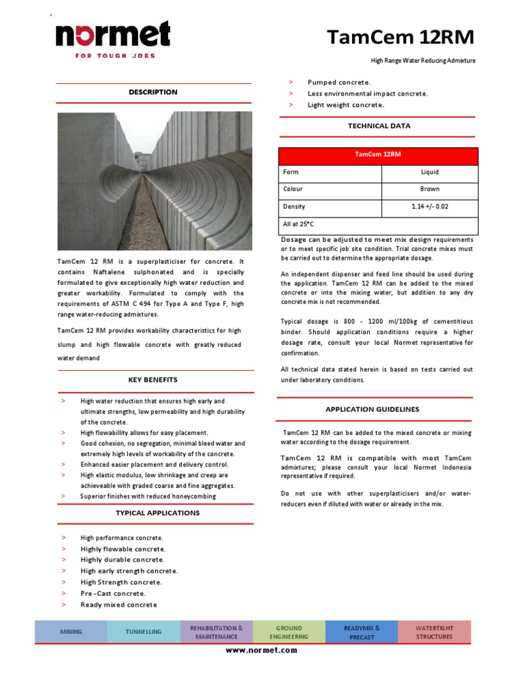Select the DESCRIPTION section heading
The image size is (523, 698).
point(153,92)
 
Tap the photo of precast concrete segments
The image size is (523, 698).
point(155,180)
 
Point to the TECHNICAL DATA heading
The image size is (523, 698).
point(379,126)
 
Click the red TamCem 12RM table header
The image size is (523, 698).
point(378,155)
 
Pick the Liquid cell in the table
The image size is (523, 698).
point(430,172)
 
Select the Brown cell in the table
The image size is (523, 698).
point(430,189)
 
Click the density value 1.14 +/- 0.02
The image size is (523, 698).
point(430,207)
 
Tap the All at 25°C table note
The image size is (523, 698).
point(298,224)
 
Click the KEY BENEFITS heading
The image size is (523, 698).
point(153,380)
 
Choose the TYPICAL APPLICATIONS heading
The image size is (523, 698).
point(157,513)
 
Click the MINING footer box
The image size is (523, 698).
point(71,632)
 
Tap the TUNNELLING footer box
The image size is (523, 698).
point(144,632)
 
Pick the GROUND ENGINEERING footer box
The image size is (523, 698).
point(289,632)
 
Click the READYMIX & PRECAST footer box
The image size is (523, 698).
point(362,632)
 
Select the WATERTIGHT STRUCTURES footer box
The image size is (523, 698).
point(434,632)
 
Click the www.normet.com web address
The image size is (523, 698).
point(261,650)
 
